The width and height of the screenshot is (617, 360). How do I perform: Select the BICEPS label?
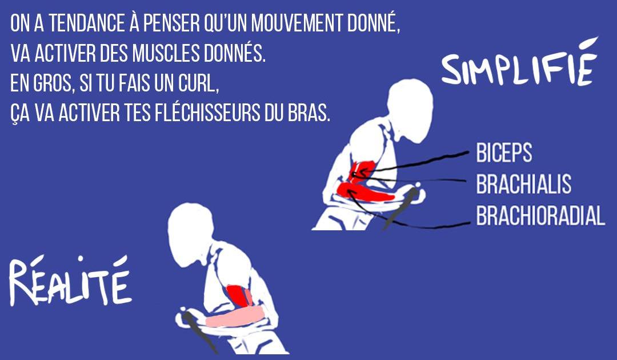(x=504, y=153)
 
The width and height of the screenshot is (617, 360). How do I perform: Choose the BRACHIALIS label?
(x=523, y=185)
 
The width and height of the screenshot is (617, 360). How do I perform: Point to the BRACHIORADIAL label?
(x=540, y=216)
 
